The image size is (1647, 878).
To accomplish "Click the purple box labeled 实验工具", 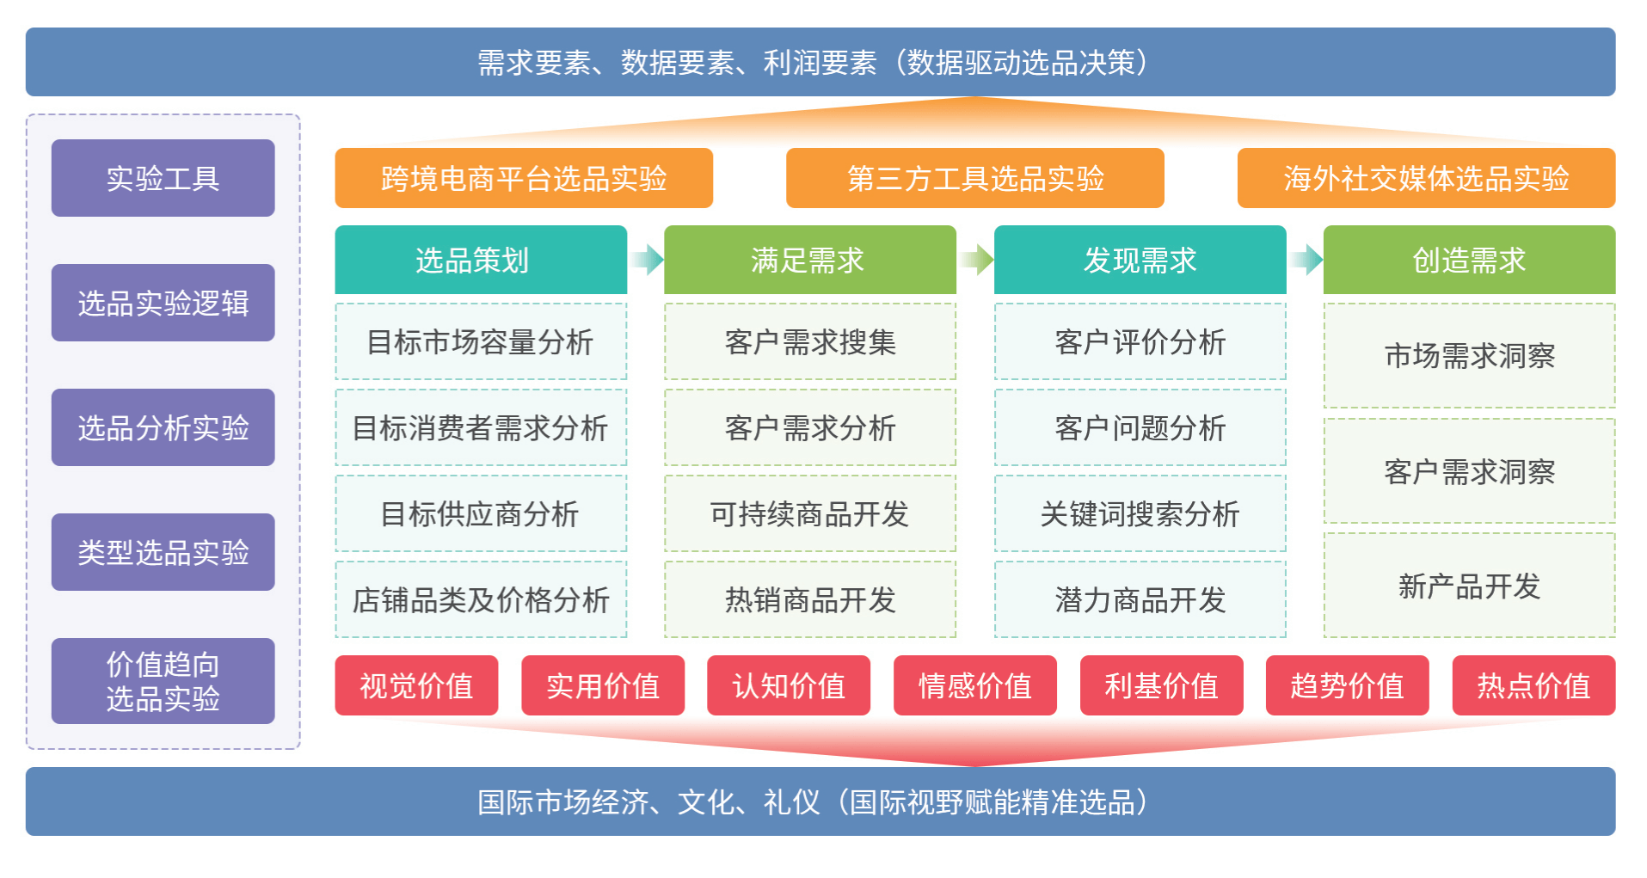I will (163, 178).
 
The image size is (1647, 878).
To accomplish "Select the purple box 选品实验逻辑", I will (163, 303).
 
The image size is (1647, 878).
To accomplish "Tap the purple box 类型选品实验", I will (163, 552).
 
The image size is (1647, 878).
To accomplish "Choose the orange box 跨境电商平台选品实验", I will (524, 178).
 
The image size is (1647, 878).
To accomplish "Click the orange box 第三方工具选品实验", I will (974, 178).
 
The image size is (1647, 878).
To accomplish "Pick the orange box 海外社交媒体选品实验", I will (1426, 178).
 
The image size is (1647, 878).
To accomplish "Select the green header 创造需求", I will (1469, 260).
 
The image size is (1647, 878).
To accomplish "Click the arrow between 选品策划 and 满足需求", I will (647, 259).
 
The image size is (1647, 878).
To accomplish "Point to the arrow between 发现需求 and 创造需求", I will (1306, 259).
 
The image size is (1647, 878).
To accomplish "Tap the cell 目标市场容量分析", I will (481, 341).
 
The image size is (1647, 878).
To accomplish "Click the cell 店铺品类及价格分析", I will (481, 599).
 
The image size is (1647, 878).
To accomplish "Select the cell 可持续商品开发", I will (809, 513).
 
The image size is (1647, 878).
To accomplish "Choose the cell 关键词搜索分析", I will (1140, 513).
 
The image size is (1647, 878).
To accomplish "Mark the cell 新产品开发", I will (1469, 586).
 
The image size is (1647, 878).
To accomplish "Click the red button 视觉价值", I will (416, 685).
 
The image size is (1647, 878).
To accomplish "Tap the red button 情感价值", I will (974, 685).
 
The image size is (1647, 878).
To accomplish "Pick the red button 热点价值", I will (1533, 685).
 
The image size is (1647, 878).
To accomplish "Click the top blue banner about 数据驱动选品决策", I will (820, 62).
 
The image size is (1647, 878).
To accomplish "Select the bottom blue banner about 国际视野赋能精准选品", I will (820, 801).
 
